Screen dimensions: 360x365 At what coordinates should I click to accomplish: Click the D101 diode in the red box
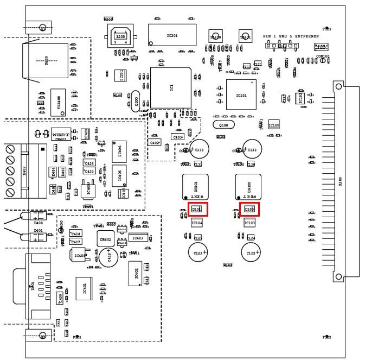[196, 209]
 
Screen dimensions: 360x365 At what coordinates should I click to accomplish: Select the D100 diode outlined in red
[249, 209]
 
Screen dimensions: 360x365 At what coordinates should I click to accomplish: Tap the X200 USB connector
[120, 37]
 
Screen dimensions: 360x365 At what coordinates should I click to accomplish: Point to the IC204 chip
[171, 35]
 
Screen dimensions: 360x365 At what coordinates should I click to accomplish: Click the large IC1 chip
[171, 87]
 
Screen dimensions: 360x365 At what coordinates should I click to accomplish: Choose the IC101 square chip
[241, 94]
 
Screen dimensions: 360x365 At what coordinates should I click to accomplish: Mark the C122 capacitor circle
[251, 252]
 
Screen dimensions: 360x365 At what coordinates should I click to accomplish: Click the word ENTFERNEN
[306, 36]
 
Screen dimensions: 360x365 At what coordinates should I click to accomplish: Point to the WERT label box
[59, 133]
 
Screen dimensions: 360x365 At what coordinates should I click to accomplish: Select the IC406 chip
[119, 150]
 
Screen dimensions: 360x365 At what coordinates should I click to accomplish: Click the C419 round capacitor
[107, 257]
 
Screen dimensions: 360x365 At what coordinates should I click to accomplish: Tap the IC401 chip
[84, 289]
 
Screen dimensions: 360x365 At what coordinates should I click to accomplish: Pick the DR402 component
[106, 239]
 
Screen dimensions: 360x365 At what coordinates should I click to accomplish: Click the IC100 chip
[274, 125]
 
